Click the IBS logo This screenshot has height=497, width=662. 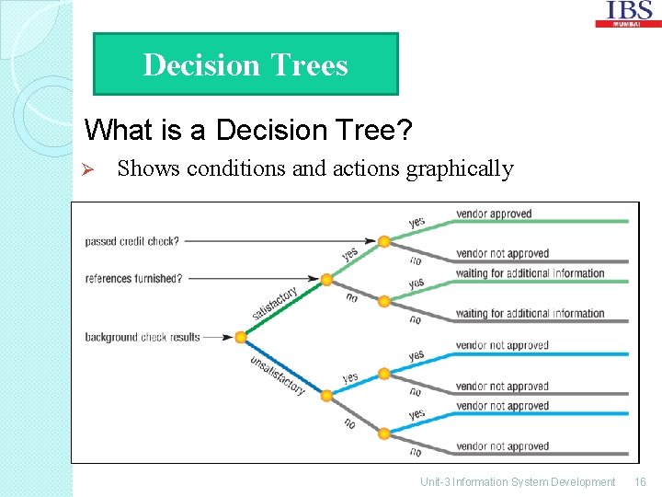[x=629, y=13]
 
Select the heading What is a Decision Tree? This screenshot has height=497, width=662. [x=247, y=130]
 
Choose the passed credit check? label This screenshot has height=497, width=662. [x=132, y=242]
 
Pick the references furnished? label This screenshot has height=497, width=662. [x=133, y=279]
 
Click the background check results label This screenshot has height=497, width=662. [x=143, y=337]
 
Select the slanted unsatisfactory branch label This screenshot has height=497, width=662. [x=278, y=375]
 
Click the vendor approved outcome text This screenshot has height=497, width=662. [x=494, y=214]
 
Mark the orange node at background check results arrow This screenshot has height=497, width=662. [x=241, y=338]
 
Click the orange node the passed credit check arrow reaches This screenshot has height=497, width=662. [x=383, y=242]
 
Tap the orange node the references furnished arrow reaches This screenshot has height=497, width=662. [x=326, y=279]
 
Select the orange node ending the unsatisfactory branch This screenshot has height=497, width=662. [x=326, y=395]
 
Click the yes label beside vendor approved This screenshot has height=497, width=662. [x=417, y=222]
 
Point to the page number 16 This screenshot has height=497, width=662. [x=640, y=482]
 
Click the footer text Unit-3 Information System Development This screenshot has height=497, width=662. [x=518, y=482]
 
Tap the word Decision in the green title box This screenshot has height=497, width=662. [x=201, y=65]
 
